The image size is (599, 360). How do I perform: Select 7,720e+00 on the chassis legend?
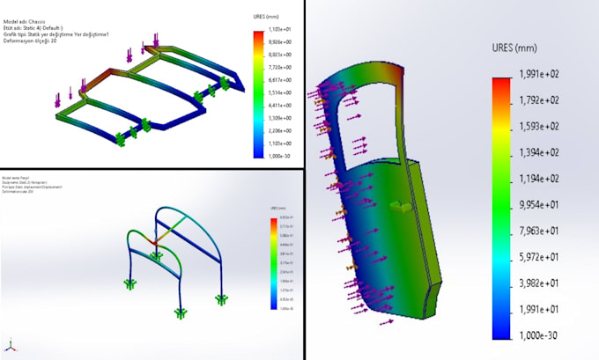281,66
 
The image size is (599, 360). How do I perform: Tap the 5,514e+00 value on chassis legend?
281,92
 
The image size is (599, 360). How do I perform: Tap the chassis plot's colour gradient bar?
257,93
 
